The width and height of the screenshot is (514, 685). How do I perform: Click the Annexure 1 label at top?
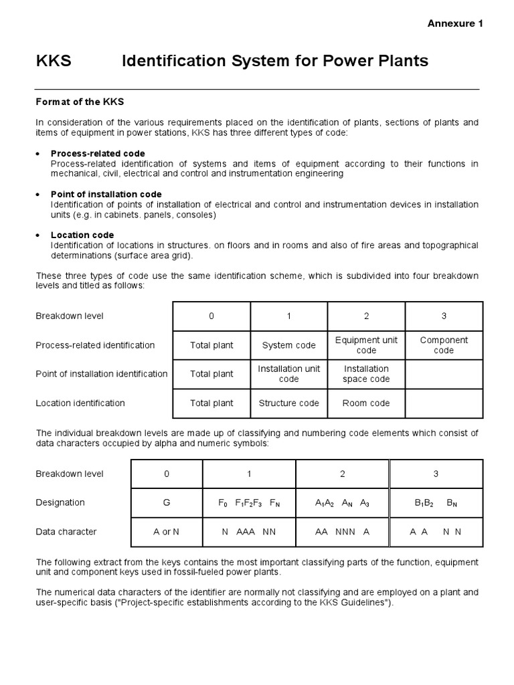(455, 23)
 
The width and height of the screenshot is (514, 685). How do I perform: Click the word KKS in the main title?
(53, 62)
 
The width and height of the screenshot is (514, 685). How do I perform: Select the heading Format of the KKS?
(80, 102)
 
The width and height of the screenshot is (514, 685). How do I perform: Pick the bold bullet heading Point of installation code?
(106, 194)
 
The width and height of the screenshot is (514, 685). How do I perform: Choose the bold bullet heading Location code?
(82, 235)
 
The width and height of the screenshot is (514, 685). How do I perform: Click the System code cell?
(288, 345)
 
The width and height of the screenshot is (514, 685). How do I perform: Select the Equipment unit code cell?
(366, 345)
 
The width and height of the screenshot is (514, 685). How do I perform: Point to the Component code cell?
(444, 345)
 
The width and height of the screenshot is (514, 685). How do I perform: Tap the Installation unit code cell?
(288, 374)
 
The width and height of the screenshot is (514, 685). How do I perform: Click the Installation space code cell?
(366, 374)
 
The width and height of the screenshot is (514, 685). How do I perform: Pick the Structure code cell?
(288, 403)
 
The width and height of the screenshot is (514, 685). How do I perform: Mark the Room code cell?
(366, 403)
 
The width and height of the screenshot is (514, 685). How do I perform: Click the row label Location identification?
(80, 403)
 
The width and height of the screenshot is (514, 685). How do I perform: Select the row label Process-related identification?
(95, 345)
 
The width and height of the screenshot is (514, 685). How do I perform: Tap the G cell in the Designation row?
(167, 502)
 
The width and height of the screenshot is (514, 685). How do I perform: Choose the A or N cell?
(167, 532)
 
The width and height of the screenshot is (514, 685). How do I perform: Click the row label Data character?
(66, 532)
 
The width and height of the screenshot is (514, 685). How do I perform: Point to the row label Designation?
(60, 502)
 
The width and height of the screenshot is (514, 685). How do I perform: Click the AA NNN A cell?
(342, 532)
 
